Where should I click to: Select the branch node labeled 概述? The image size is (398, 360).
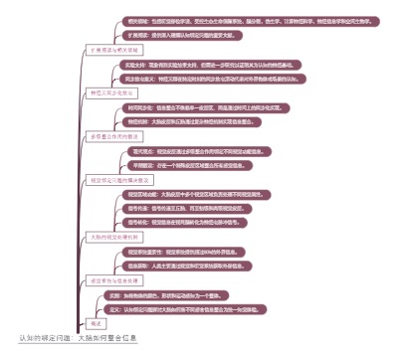pos(98,324)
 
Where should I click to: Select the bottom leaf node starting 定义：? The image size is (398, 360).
pos(189,309)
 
